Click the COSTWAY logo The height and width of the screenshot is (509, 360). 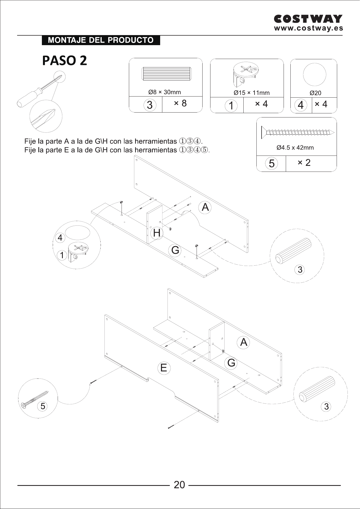tap(308, 19)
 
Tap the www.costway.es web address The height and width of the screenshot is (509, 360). tap(308, 28)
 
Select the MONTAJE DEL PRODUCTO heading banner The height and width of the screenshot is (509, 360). tap(101, 40)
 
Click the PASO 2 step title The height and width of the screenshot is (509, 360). tap(65, 60)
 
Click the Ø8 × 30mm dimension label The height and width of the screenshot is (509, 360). tap(165, 92)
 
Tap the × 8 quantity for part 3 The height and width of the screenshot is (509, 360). tap(180, 103)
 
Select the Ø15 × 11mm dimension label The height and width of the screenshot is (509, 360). tap(252, 93)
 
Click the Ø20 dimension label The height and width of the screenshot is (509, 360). tap(315, 93)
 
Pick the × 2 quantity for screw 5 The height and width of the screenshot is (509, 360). tap(304, 163)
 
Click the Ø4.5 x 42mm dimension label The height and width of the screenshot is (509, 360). tap(295, 148)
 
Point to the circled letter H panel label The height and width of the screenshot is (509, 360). tap(157, 233)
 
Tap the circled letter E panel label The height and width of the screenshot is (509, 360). tap(164, 368)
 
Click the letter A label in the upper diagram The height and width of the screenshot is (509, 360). tap(205, 207)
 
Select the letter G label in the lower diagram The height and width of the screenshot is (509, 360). tap(231, 363)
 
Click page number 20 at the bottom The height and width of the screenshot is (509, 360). tap(179, 485)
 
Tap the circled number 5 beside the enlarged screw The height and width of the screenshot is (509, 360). tap(43, 406)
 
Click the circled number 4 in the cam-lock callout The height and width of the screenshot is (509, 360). tap(60, 238)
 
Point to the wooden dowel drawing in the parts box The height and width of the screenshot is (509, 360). tap(166, 74)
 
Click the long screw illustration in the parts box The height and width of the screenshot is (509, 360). tap(298, 132)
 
